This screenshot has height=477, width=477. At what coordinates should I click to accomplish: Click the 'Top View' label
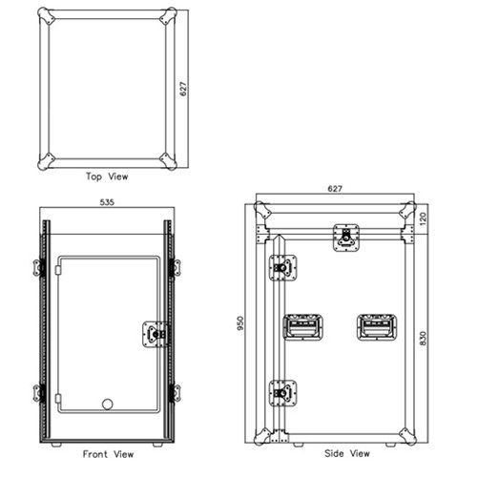coord(107,177)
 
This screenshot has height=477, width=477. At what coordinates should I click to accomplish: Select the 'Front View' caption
coord(107,454)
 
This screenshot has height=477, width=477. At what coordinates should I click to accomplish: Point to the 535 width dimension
coord(107,202)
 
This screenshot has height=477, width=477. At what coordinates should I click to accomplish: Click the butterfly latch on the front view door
coord(153,333)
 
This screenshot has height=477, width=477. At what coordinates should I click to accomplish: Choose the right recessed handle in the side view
coord(375,326)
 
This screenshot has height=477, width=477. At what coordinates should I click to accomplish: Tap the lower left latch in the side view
coord(283,391)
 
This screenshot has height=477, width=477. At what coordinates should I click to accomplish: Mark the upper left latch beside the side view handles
coord(283,269)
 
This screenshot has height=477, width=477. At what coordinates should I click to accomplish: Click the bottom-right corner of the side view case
coord(408,434)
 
